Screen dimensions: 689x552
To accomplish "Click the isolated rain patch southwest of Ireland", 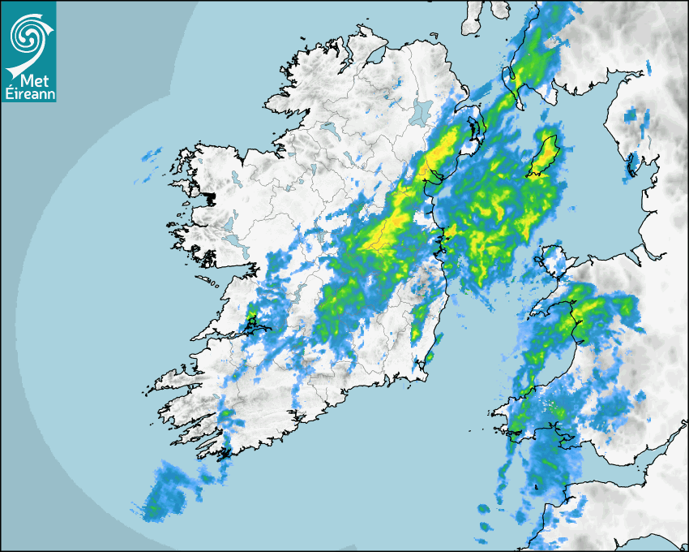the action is (x=162, y=491).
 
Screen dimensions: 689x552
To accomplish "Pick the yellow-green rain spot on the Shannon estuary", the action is (x=253, y=321).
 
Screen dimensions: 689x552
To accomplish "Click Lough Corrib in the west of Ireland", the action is (x=229, y=222).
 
